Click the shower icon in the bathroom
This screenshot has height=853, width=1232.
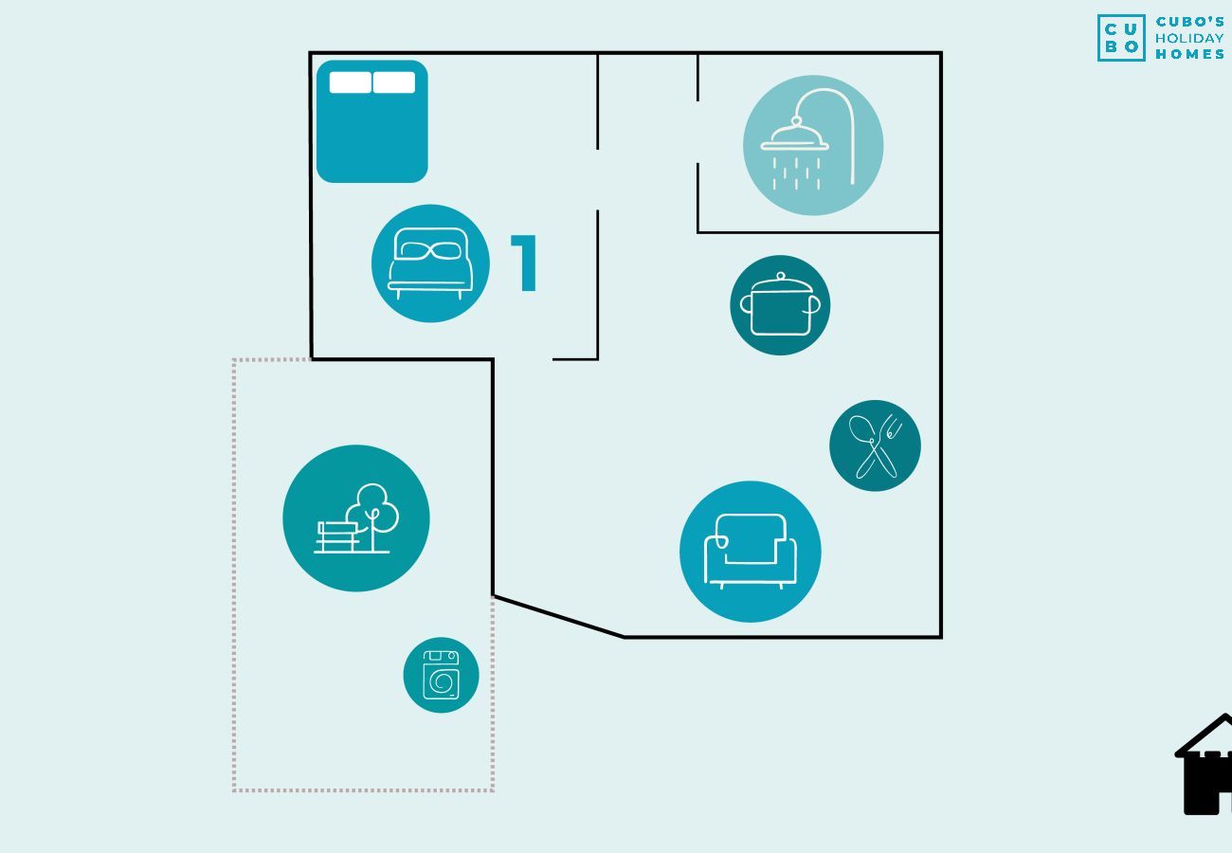813,145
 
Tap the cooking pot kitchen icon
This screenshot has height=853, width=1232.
780,305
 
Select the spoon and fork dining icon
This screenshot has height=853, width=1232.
875,445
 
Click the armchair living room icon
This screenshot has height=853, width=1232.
751,552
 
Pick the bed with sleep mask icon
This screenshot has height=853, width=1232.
430,263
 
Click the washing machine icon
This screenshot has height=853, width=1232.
441,675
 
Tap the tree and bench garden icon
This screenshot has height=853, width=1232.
356,518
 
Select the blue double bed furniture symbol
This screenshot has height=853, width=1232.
371,121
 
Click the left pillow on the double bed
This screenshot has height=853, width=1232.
351,82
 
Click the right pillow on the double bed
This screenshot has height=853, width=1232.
394,82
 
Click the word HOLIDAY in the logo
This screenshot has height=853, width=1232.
1189,38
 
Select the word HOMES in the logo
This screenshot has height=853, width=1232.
1189,55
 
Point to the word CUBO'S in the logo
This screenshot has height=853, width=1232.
1189,22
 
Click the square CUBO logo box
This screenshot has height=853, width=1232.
1121,38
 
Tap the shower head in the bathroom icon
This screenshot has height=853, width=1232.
795,142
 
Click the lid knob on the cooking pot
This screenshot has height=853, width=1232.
781,277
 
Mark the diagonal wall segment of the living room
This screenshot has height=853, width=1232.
559,616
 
